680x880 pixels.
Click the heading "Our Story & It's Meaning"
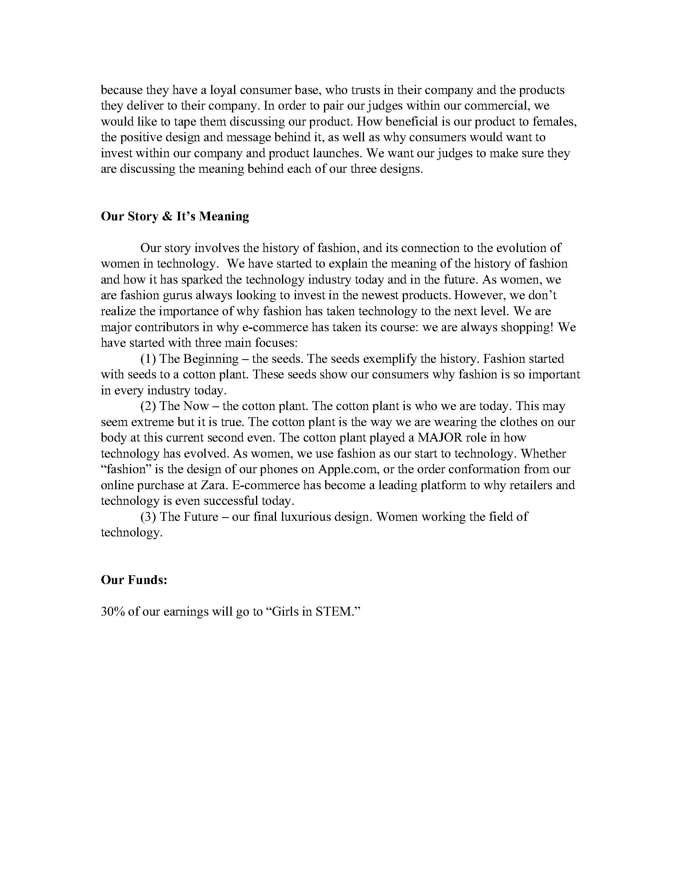coord(175,216)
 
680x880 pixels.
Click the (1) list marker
coord(148,359)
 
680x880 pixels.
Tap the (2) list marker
coord(148,406)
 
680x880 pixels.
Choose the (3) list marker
coord(148,517)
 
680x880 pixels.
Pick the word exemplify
coord(385,359)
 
